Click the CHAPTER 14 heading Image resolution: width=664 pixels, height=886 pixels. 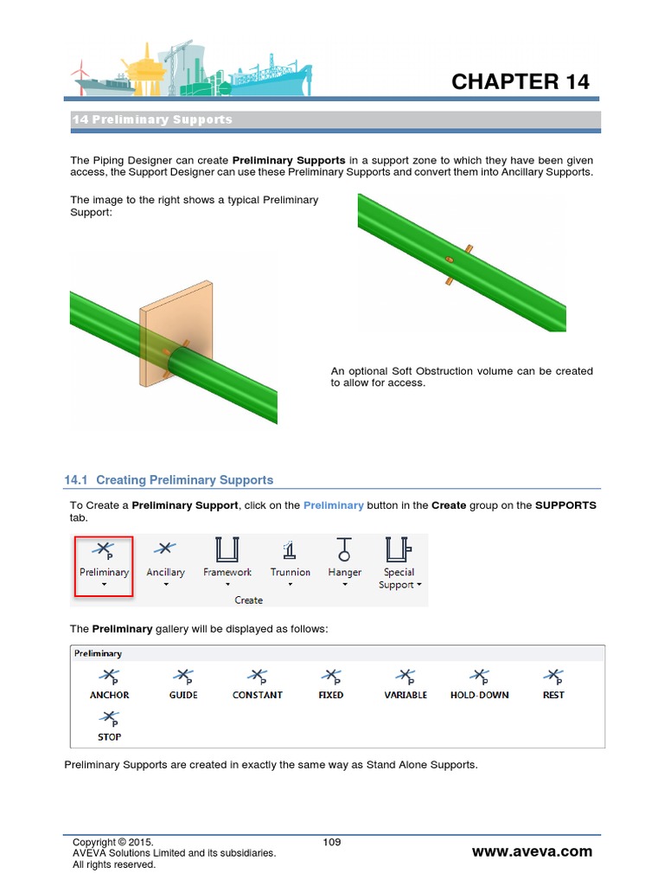520,82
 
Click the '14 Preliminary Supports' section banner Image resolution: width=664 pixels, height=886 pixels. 335,119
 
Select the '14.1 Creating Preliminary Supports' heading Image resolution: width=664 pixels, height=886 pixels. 169,480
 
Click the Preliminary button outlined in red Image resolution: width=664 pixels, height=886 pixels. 104,565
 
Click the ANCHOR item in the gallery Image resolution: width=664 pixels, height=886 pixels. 110,683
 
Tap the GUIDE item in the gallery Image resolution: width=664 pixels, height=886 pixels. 183,683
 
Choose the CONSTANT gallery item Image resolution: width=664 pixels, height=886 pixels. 257,683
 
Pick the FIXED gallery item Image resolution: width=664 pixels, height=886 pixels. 330,683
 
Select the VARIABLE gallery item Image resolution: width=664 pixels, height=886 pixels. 405,683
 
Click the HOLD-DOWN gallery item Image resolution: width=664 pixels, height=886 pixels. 479,683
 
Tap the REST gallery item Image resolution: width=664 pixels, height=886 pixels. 553,683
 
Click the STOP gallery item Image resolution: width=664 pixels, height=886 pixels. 110,725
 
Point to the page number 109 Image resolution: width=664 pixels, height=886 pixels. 332,842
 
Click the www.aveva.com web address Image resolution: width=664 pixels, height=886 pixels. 532,851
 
